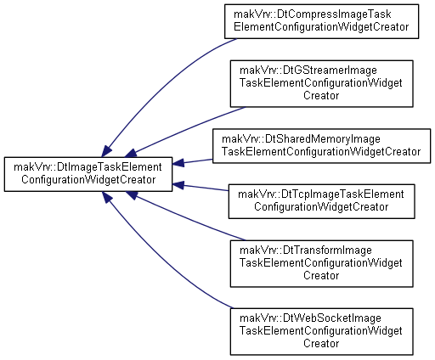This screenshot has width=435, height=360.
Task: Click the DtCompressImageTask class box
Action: click(x=321, y=21)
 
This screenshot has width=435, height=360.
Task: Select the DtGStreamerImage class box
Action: click(x=321, y=83)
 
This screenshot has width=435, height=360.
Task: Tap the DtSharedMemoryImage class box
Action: click(x=321, y=146)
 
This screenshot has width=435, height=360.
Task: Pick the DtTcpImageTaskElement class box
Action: click(x=321, y=201)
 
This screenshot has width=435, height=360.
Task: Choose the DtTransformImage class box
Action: click(x=321, y=263)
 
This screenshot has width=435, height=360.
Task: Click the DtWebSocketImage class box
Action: click(x=321, y=331)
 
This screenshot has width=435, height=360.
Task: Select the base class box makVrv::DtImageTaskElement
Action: click(x=88, y=174)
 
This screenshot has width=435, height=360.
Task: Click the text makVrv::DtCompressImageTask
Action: click(x=313, y=14)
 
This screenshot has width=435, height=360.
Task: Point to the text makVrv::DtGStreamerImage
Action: click(x=308, y=70)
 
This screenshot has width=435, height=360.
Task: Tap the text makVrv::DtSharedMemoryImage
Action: click(x=301, y=139)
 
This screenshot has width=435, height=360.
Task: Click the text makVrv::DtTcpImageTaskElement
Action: click(x=321, y=194)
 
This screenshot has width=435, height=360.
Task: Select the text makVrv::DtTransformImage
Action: click(x=306, y=250)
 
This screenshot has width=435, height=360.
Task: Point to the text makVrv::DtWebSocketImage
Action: click(x=310, y=318)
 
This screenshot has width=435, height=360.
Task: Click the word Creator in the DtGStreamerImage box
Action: click(x=321, y=96)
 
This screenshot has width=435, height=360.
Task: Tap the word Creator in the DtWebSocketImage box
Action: click(x=321, y=344)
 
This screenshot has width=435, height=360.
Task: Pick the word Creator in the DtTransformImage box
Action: click(x=321, y=276)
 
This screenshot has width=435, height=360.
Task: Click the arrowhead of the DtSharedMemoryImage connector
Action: click(x=178, y=163)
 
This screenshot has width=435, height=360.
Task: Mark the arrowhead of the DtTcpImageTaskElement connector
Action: click(x=178, y=185)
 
